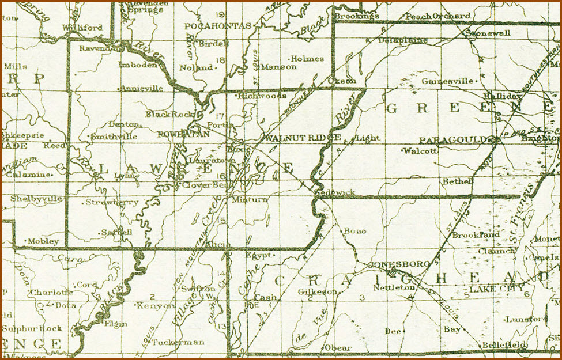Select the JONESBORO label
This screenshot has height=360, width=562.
[x=399, y=264]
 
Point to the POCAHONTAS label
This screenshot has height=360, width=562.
[x=217, y=26]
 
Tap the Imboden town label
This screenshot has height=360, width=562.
[x=138, y=65]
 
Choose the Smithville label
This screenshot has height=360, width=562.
[x=114, y=137]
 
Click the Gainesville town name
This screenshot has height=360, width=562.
[x=443, y=81]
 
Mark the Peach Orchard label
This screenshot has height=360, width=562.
[x=433, y=16]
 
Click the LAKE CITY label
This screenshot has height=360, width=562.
[x=497, y=288]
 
